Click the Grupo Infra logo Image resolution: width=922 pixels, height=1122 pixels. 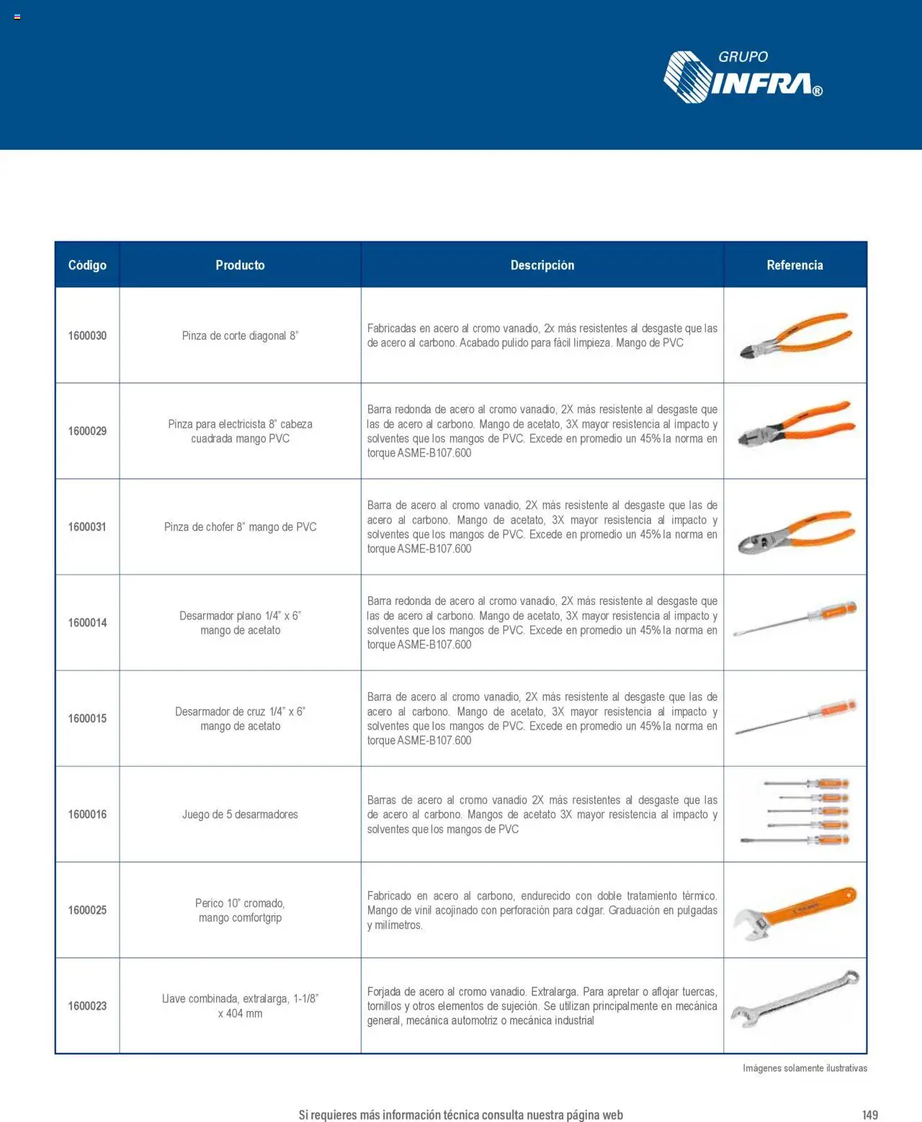(x=743, y=77)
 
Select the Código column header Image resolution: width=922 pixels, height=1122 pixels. (x=87, y=265)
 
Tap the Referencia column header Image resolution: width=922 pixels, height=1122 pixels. (x=795, y=265)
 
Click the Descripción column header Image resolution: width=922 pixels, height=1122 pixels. (x=542, y=265)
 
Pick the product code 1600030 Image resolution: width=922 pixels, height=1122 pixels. (x=87, y=336)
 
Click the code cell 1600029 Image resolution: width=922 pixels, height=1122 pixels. (x=87, y=431)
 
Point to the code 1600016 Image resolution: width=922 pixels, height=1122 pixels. (x=87, y=814)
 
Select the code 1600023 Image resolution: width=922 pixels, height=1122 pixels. (x=87, y=1006)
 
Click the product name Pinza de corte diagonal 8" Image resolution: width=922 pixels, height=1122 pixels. (x=240, y=336)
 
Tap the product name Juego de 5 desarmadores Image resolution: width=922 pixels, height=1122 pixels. (x=240, y=814)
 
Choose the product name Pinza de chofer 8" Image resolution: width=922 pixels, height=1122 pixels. (x=240, y=527)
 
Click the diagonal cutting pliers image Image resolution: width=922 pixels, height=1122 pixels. (x=795, y=336)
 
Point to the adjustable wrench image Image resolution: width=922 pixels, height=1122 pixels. (x=795, y=912)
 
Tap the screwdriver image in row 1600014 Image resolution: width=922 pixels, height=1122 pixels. (x=795, y=619)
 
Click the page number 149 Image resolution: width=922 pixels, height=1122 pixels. (x=870, y=1115)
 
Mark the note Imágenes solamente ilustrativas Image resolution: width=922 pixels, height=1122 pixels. (x=805, y=1068)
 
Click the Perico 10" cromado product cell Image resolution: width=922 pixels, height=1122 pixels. (x=240, y=910)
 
